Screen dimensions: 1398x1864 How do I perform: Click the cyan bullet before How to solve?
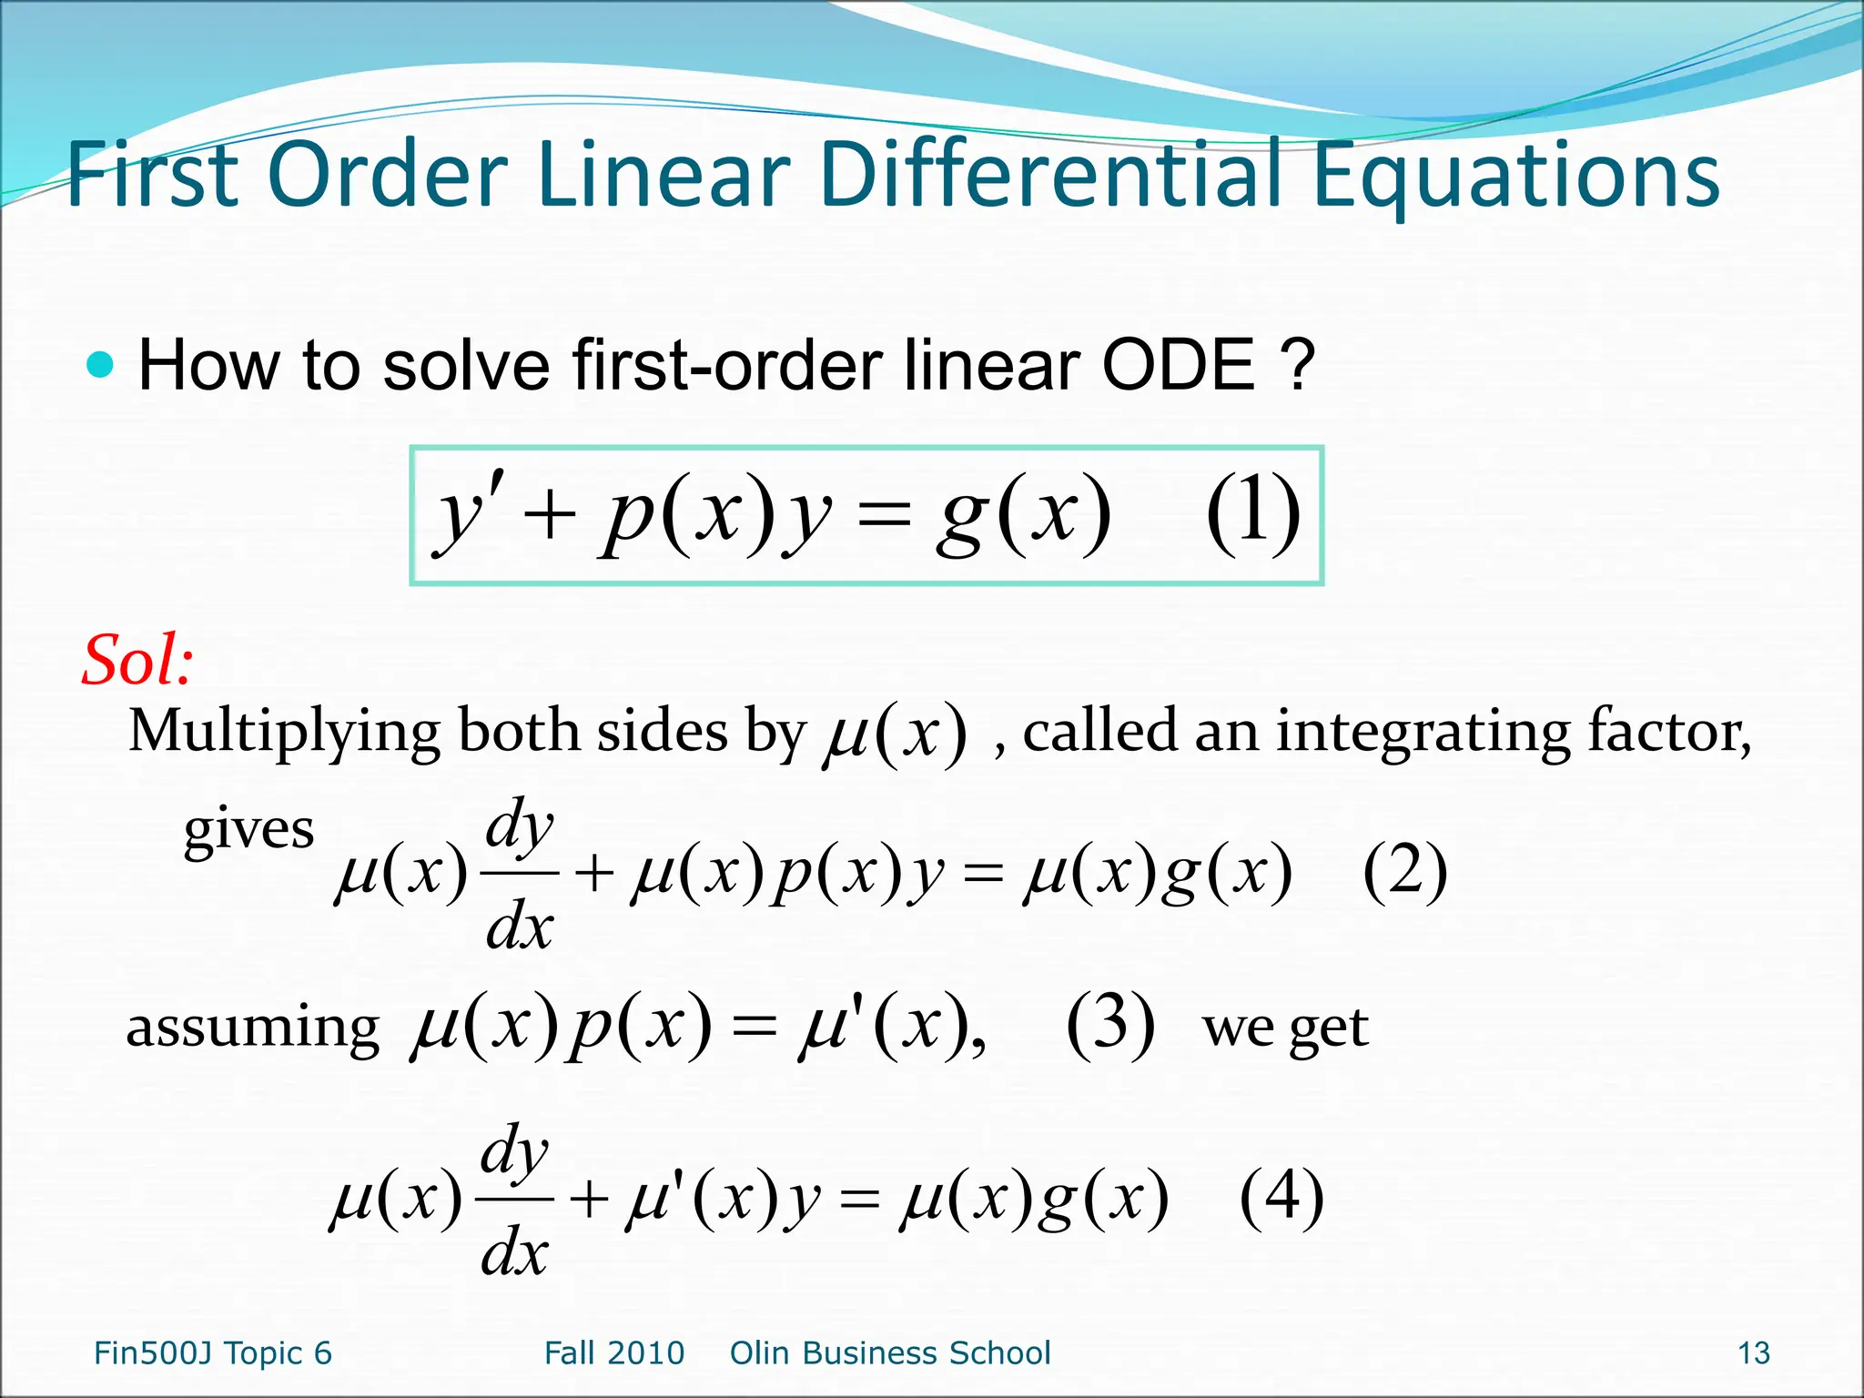tap(100, 366)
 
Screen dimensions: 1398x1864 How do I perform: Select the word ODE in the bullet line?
tap(1179, 366)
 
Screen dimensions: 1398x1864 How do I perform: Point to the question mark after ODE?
tap(1296, 366)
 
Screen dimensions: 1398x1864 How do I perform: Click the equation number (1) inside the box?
tap(1253, 514)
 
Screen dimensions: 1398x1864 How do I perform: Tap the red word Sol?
tap(137, 661)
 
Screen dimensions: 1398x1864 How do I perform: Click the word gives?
tap(248, 831)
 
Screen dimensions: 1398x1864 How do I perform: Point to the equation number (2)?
tap(1404, 871)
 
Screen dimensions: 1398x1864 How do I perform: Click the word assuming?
tap(252, 1028)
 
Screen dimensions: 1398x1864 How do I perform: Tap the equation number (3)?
tap(1110, 1026)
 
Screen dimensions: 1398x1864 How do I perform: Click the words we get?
tap(1285, 1029)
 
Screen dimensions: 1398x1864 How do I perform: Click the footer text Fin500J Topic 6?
tap(213, 1353)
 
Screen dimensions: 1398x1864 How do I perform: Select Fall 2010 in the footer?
tap(614, 1353)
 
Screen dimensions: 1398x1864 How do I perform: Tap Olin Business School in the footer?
tap(890, 1353)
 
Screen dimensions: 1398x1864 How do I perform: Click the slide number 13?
tap(1754, 1353)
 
